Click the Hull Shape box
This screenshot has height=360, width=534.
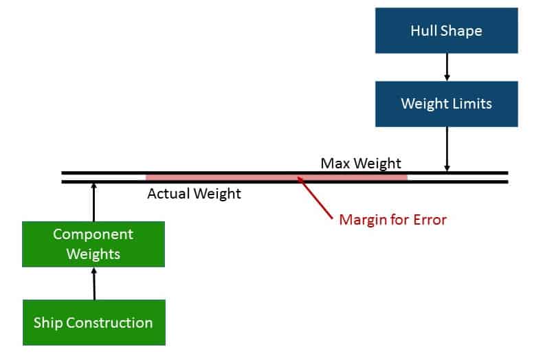click(447, 31)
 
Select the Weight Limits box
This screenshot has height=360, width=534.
click(447, 104)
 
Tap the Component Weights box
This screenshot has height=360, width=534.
click(93, 244)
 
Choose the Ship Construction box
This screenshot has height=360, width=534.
click(94, 322)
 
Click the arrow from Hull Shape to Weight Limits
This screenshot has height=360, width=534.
click(447, 67)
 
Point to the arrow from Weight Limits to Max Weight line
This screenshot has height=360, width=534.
click(447, 149)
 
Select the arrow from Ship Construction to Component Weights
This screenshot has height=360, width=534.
click(94, 283)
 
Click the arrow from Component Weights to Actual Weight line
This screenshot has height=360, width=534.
click(94, 202)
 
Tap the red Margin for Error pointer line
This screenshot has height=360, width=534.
click(315, 198)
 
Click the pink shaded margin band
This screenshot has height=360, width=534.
click(276, 177)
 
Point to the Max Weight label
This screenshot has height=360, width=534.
click(361, 164)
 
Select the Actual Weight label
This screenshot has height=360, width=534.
click(194, 194)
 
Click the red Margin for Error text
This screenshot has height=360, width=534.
click(392, 220)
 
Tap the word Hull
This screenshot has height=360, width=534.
click(423, 31)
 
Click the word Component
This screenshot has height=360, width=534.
click(93, 235)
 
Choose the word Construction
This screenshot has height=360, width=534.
click(109, 322)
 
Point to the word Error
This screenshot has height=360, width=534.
click(430, 220)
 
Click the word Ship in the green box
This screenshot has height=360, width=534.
click(48, 323)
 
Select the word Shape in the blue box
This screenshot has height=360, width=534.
click(461, 31)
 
